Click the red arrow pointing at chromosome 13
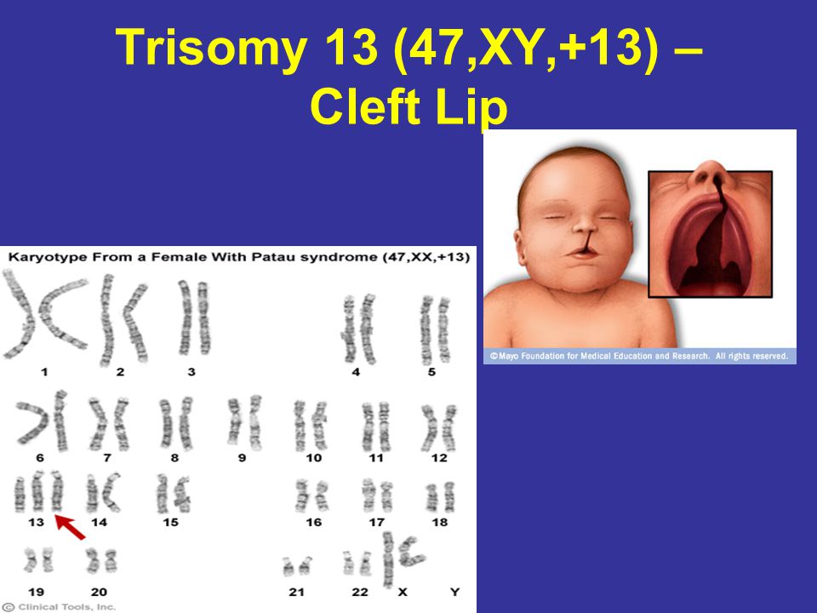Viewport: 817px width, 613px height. pos(71,527)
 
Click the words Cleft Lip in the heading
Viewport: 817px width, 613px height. pos(409,108)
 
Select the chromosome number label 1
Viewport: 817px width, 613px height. pos(44,372)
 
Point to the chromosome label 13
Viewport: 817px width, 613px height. pos(36,522)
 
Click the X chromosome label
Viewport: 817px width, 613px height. pos(403,592)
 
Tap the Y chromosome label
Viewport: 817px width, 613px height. pos(454,592)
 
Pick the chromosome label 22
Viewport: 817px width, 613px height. pos(359,592)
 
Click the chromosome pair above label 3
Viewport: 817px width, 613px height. pos(194,318)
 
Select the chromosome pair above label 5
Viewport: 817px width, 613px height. pos(435,329)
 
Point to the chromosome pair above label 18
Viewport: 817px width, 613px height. pos(440,496)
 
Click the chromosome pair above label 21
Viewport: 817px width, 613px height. pos(297,566)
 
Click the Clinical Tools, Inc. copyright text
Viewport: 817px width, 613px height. pos(59,607)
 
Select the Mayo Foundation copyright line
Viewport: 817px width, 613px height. pos(639,356)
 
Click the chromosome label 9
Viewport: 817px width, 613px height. pos(242,458)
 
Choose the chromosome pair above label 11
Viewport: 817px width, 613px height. pos(376,427)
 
